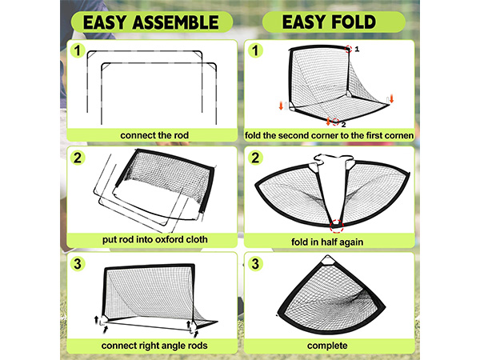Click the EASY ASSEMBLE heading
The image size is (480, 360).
(151, 22)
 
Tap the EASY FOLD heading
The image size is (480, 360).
(329, 22)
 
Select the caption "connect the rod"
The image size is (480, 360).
(154, 135)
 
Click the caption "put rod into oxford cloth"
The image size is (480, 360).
(155, 239)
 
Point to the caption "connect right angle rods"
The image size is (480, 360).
(154, 346)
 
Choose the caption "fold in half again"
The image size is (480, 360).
(327, 242)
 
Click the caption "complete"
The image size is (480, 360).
(327, 346)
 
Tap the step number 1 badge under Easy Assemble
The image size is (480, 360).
(78, 50)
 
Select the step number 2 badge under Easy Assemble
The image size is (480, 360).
(78, 158)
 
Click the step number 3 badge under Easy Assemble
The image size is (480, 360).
(78, 264)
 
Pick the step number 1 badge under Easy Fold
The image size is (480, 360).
(255, 50)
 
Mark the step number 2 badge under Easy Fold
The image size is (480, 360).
(255, 158)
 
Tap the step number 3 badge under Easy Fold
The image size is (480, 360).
(255, 264)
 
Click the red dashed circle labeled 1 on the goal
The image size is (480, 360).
(348, 49)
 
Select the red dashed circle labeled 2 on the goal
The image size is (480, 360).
(335, 122)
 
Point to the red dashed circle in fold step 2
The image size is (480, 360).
(337, 226)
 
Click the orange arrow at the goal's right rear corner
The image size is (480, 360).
(391, 99)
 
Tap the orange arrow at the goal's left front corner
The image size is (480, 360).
(281, 106)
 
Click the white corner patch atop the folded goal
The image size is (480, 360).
(327, 261)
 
